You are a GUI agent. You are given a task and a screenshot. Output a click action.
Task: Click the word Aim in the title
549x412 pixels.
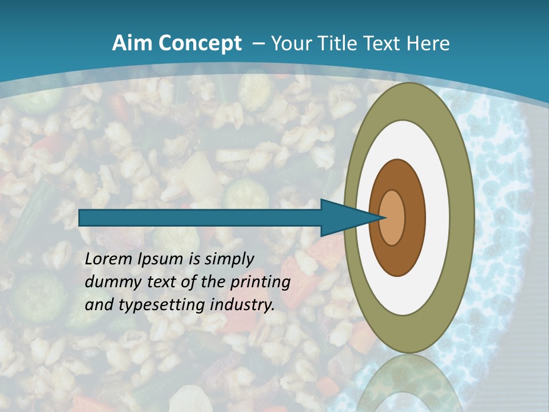coord(131,43)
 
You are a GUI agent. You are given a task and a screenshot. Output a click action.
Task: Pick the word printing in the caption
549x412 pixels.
coord(260,283)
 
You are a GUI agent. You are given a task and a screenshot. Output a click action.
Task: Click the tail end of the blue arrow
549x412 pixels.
coord(81,217)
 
